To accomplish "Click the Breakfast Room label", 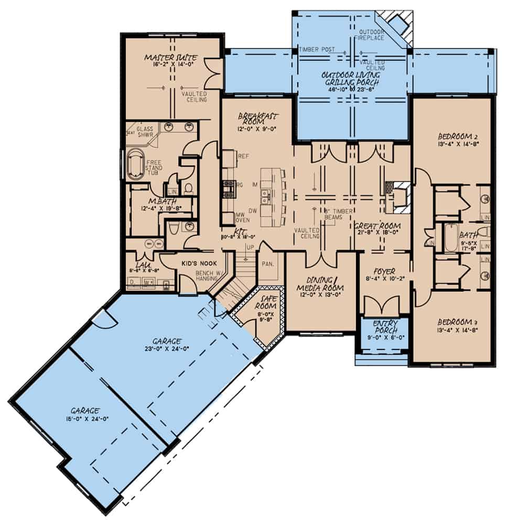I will (x=257, y=116).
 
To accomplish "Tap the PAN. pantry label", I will (x=268, y=265).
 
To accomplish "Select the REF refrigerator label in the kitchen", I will (x=243, y=156).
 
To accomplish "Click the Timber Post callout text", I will (x=316, y=49).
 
